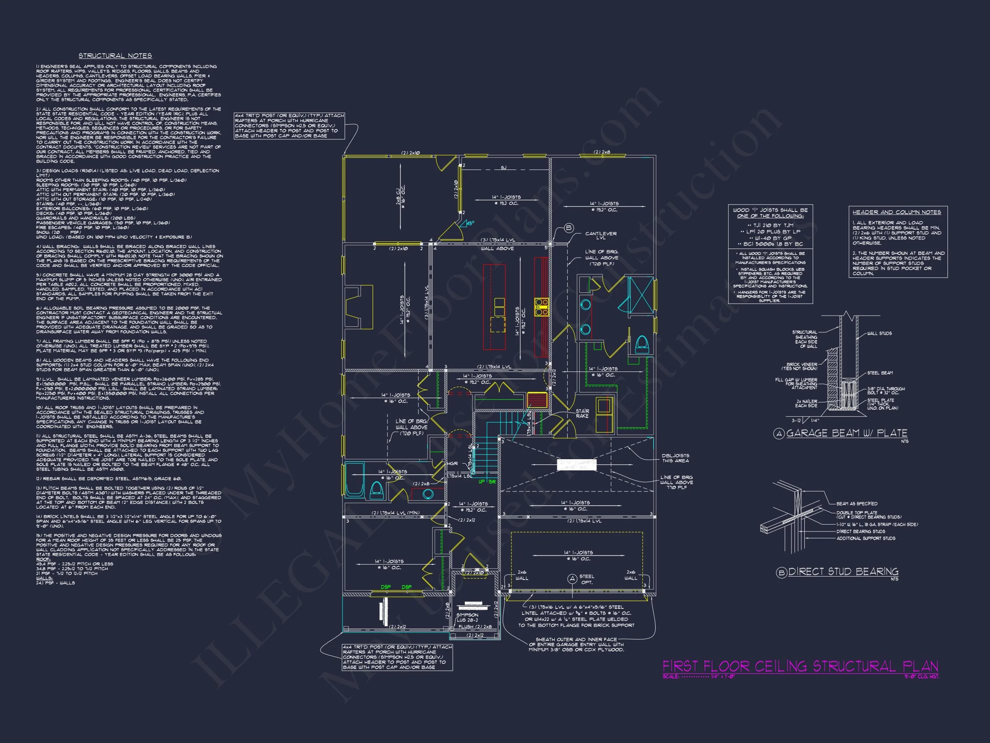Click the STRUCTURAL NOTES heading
[x=115, y=55]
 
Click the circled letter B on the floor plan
[x=569, y=228]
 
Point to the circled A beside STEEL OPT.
[x=572, y=579]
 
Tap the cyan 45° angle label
[x=470, y=223]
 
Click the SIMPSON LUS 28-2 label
[x=467, y=617]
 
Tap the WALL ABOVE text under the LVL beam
[x=497, y=249]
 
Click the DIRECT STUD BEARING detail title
[x=843, y=571]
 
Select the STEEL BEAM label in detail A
[x=880, y=373]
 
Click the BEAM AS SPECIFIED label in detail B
[x=857, y=504]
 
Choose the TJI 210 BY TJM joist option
[x=770, y=225]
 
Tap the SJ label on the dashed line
[x=504, y=168]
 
